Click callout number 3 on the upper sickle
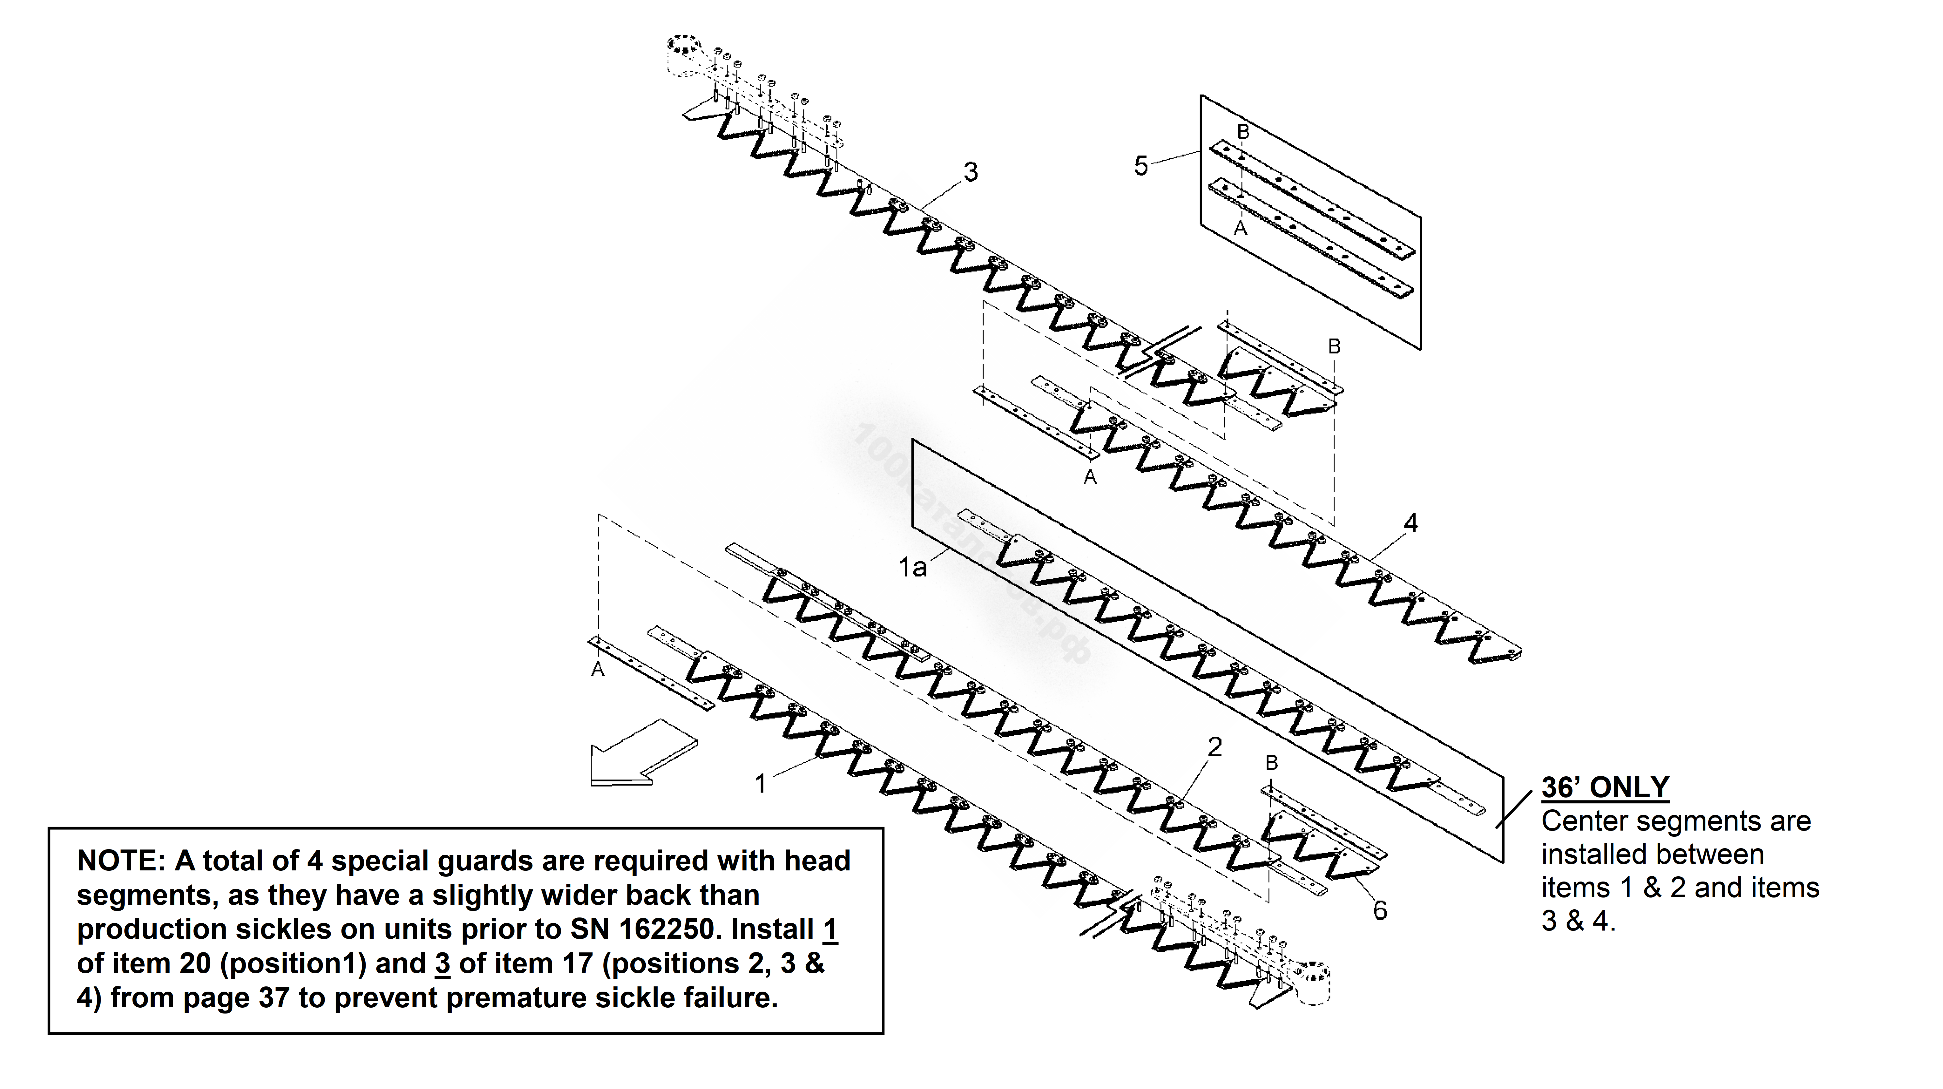click(971, 172)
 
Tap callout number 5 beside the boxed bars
click(1141, 165)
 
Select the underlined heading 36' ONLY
click(1605, 787)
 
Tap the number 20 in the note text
click(196, 964)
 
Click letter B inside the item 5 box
click(1243, 132)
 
